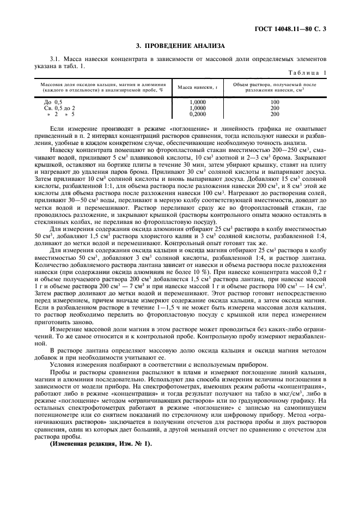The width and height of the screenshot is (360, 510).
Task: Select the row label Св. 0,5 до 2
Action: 59,108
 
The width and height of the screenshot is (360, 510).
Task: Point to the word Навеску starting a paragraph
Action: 64,148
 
